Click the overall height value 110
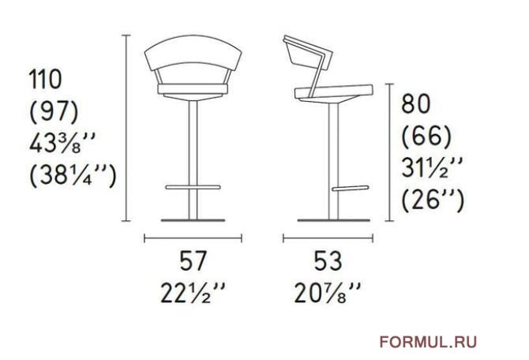(46, 79)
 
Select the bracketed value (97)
(54, 111)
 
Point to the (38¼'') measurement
(73, 174)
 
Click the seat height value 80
(415, 103)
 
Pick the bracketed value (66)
(426, 136)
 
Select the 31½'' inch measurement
(432, 167)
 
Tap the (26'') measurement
(433, 200)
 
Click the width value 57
(193, 261)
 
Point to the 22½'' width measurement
(193, 293)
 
